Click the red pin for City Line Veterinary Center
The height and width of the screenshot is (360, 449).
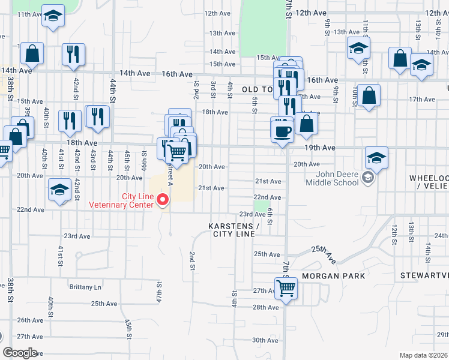tap(162, 200)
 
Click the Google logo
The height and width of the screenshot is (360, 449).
tap(20, 353)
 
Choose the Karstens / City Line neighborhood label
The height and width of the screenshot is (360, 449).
tap(234, 229)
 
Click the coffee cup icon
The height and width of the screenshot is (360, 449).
tap(282, 130)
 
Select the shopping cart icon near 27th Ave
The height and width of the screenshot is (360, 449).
tap(286, 287)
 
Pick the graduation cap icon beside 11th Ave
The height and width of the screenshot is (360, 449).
tap(53, 17)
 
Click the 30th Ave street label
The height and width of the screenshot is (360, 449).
tap(265, 340)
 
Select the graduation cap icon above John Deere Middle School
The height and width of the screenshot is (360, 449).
tap(376, 158)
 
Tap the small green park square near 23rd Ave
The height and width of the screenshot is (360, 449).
tap(259, 206)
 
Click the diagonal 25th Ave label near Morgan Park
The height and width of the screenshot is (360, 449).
tap(324, 254)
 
